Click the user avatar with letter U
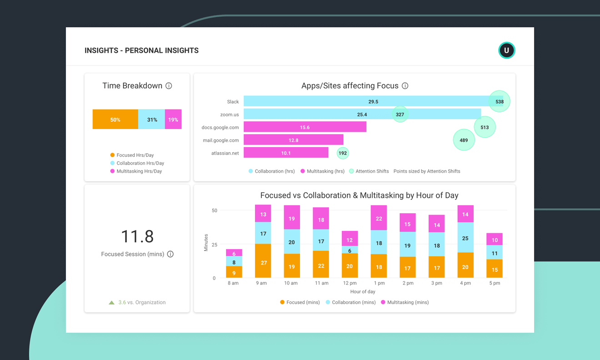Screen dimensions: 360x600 click(506, 50)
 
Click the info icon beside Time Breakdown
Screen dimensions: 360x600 click(169, 86)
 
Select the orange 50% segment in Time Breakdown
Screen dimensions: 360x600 click(115, 120)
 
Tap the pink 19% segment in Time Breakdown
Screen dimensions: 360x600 click(173, 120)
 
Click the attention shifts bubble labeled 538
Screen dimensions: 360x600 click(499, 101)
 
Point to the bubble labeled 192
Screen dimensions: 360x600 click(343, 153)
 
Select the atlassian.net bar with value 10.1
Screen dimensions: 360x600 click(286, 153)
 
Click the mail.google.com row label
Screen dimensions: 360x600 click(220, 140)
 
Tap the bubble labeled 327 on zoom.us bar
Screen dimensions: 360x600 click(400, 115)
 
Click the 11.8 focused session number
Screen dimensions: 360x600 click(137, 236)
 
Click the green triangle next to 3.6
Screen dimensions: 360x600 click(111, 302)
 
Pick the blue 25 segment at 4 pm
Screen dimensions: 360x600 click(465, 238)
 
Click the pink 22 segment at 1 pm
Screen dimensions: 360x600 click(379, 218)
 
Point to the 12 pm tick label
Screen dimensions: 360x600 click(350, 283)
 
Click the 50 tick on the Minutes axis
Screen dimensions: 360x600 click(214, 210)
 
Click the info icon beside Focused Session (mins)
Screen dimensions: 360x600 click(170, 254)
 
